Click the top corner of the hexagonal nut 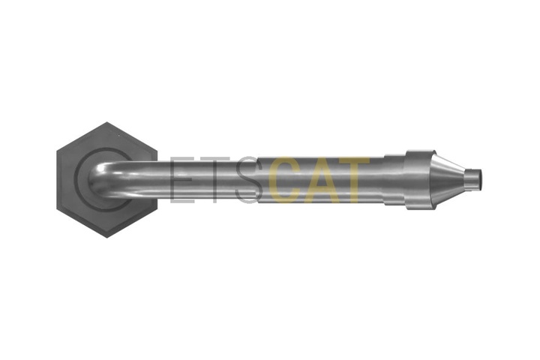[107, 122]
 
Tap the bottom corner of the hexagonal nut [107, 238]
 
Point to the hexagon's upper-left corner [57, 151]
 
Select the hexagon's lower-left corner [57, 208]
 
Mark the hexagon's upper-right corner [157, 151]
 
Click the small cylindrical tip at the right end [473, 179]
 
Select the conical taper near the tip [448, 179]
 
